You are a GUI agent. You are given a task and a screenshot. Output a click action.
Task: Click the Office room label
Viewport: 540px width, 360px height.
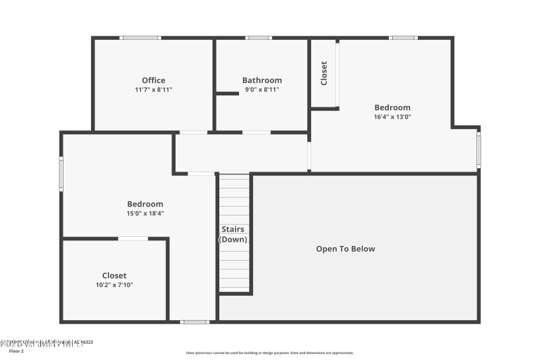coord(153,80)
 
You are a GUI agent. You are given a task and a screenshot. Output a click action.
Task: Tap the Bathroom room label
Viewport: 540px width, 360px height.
coord(262,80)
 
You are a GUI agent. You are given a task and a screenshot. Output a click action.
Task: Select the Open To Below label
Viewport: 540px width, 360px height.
coord(346,249)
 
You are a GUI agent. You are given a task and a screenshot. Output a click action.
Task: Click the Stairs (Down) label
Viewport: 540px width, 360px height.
coord(234,234)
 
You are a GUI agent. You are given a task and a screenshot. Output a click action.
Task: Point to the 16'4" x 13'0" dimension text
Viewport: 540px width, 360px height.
coord(392,116)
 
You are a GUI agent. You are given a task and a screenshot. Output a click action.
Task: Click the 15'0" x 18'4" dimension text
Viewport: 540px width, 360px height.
coord(145,213)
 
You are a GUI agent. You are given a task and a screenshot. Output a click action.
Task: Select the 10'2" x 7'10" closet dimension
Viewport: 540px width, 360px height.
coord(114,284)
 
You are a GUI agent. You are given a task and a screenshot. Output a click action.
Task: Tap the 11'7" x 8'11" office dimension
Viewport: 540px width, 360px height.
coord(153,89)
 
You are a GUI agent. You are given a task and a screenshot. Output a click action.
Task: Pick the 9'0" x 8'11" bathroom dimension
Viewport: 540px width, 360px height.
coord(262,89)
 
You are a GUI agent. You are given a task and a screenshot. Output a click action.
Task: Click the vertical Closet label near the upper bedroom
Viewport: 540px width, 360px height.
coord(324,72)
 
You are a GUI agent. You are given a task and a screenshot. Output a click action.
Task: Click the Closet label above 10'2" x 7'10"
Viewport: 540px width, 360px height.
coord(114,276)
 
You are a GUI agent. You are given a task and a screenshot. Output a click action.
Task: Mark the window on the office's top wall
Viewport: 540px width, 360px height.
coord(140,38)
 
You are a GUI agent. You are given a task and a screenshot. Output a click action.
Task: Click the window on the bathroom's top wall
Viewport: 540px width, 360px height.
coord(259,38)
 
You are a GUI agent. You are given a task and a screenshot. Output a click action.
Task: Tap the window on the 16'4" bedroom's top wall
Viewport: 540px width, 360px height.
coord(403,38)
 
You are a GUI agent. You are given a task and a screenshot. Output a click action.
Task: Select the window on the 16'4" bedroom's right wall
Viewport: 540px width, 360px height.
coord(479,150)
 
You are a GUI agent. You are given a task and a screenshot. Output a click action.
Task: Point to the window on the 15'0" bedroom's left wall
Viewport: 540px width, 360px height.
coord(61,174)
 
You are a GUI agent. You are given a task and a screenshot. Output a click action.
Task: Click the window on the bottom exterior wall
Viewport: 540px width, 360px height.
coord(194,322)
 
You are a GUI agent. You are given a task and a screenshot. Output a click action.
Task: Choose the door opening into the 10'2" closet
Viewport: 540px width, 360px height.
coord(133,238)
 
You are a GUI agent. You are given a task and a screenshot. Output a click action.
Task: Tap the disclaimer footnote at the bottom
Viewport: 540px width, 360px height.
coord(269,353)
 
